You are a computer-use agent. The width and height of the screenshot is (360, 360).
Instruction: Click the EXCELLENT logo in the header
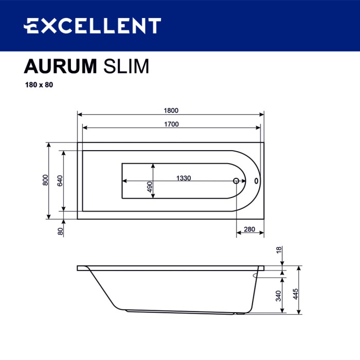(x=93, y=25)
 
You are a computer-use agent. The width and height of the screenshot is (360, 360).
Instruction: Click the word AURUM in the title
(x=60, y=66)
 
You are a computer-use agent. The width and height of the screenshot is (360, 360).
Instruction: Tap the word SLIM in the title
(x=127, y=66)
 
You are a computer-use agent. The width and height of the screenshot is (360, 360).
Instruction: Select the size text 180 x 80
(x=39, y=85)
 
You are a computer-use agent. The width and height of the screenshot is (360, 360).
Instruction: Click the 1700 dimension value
(x=171, y=124)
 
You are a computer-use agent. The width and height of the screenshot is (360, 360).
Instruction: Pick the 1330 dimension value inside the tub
(x=184, y=178)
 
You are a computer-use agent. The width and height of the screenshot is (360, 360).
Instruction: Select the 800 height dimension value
(x=45, y=181)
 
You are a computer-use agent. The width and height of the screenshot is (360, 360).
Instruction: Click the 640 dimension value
(x=60, y=181)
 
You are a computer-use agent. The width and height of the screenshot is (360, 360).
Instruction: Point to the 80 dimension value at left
(x=60, y=231)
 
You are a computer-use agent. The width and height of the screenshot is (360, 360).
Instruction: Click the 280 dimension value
(x=249, y=229)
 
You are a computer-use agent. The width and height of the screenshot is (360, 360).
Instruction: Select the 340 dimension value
(x=279, y=296)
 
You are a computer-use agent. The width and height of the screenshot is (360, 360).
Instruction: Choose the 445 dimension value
(x=296, y=294)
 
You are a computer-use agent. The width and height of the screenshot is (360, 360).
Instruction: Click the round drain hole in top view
(x=237, y=181)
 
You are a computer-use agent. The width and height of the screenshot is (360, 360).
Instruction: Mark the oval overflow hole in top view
(x=257, y=181)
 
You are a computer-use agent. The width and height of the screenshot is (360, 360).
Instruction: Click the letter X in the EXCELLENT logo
(x=46, y=25)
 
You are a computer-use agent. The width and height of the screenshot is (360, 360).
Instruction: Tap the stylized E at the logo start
(x=31, y=25)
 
